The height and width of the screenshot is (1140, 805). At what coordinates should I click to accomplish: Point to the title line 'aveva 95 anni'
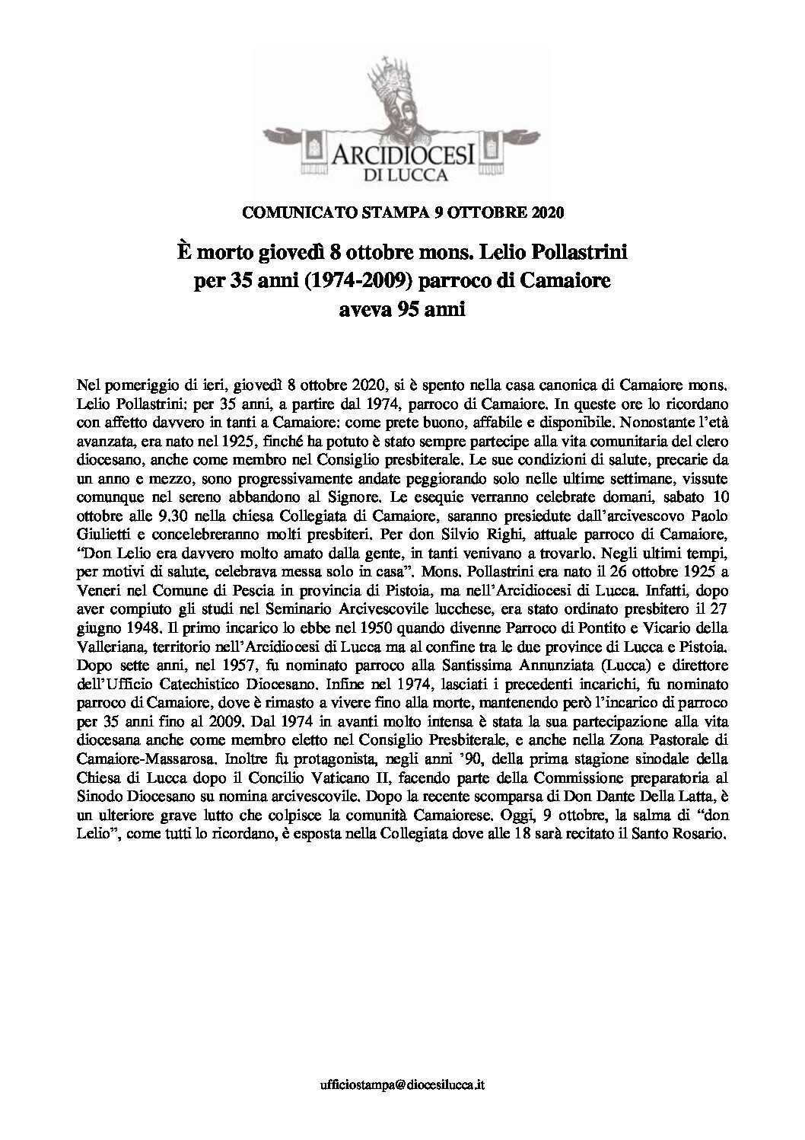pyautogui.click(x=402, y=309)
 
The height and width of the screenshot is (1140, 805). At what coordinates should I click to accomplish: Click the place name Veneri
pyautogui.click(x=100, y=634)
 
